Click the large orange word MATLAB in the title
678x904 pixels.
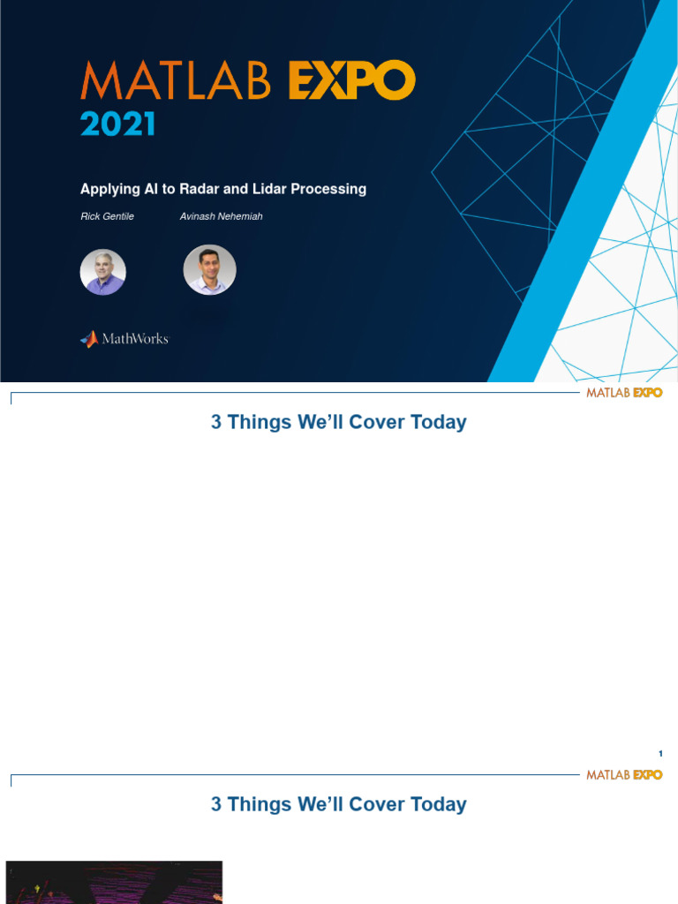pyautogui.click(x=179, y=82)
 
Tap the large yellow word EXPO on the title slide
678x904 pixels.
pyautogui.click(x=350, y=82)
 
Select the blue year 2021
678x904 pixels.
pyautogui.click(x=117, y=124)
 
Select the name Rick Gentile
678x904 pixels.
pyautogui.click(x=108, y=216)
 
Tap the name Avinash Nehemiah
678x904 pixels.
pyautogui.click(x=221, y=216)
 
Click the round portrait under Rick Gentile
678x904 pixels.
pyautogui.click(x=103, y=272)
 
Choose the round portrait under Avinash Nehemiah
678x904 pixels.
pyautogui.click(x=209, y=270)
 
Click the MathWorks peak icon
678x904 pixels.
pyautogui.click(x=88, y=339)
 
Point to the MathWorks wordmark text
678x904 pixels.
pyautogui.click(x=134, y=339)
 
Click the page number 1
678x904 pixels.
pyautogui.click(x=660, y=753)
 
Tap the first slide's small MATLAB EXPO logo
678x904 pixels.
pyautogui.click(x=624, y=392)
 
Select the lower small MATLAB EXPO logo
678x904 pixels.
pyautogui.click(x=624, y=774)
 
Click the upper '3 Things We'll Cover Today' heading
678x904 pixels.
pyautogui.click(x=338, y=422)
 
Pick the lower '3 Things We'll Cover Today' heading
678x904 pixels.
pyautogui.click(x=338, y=804)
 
